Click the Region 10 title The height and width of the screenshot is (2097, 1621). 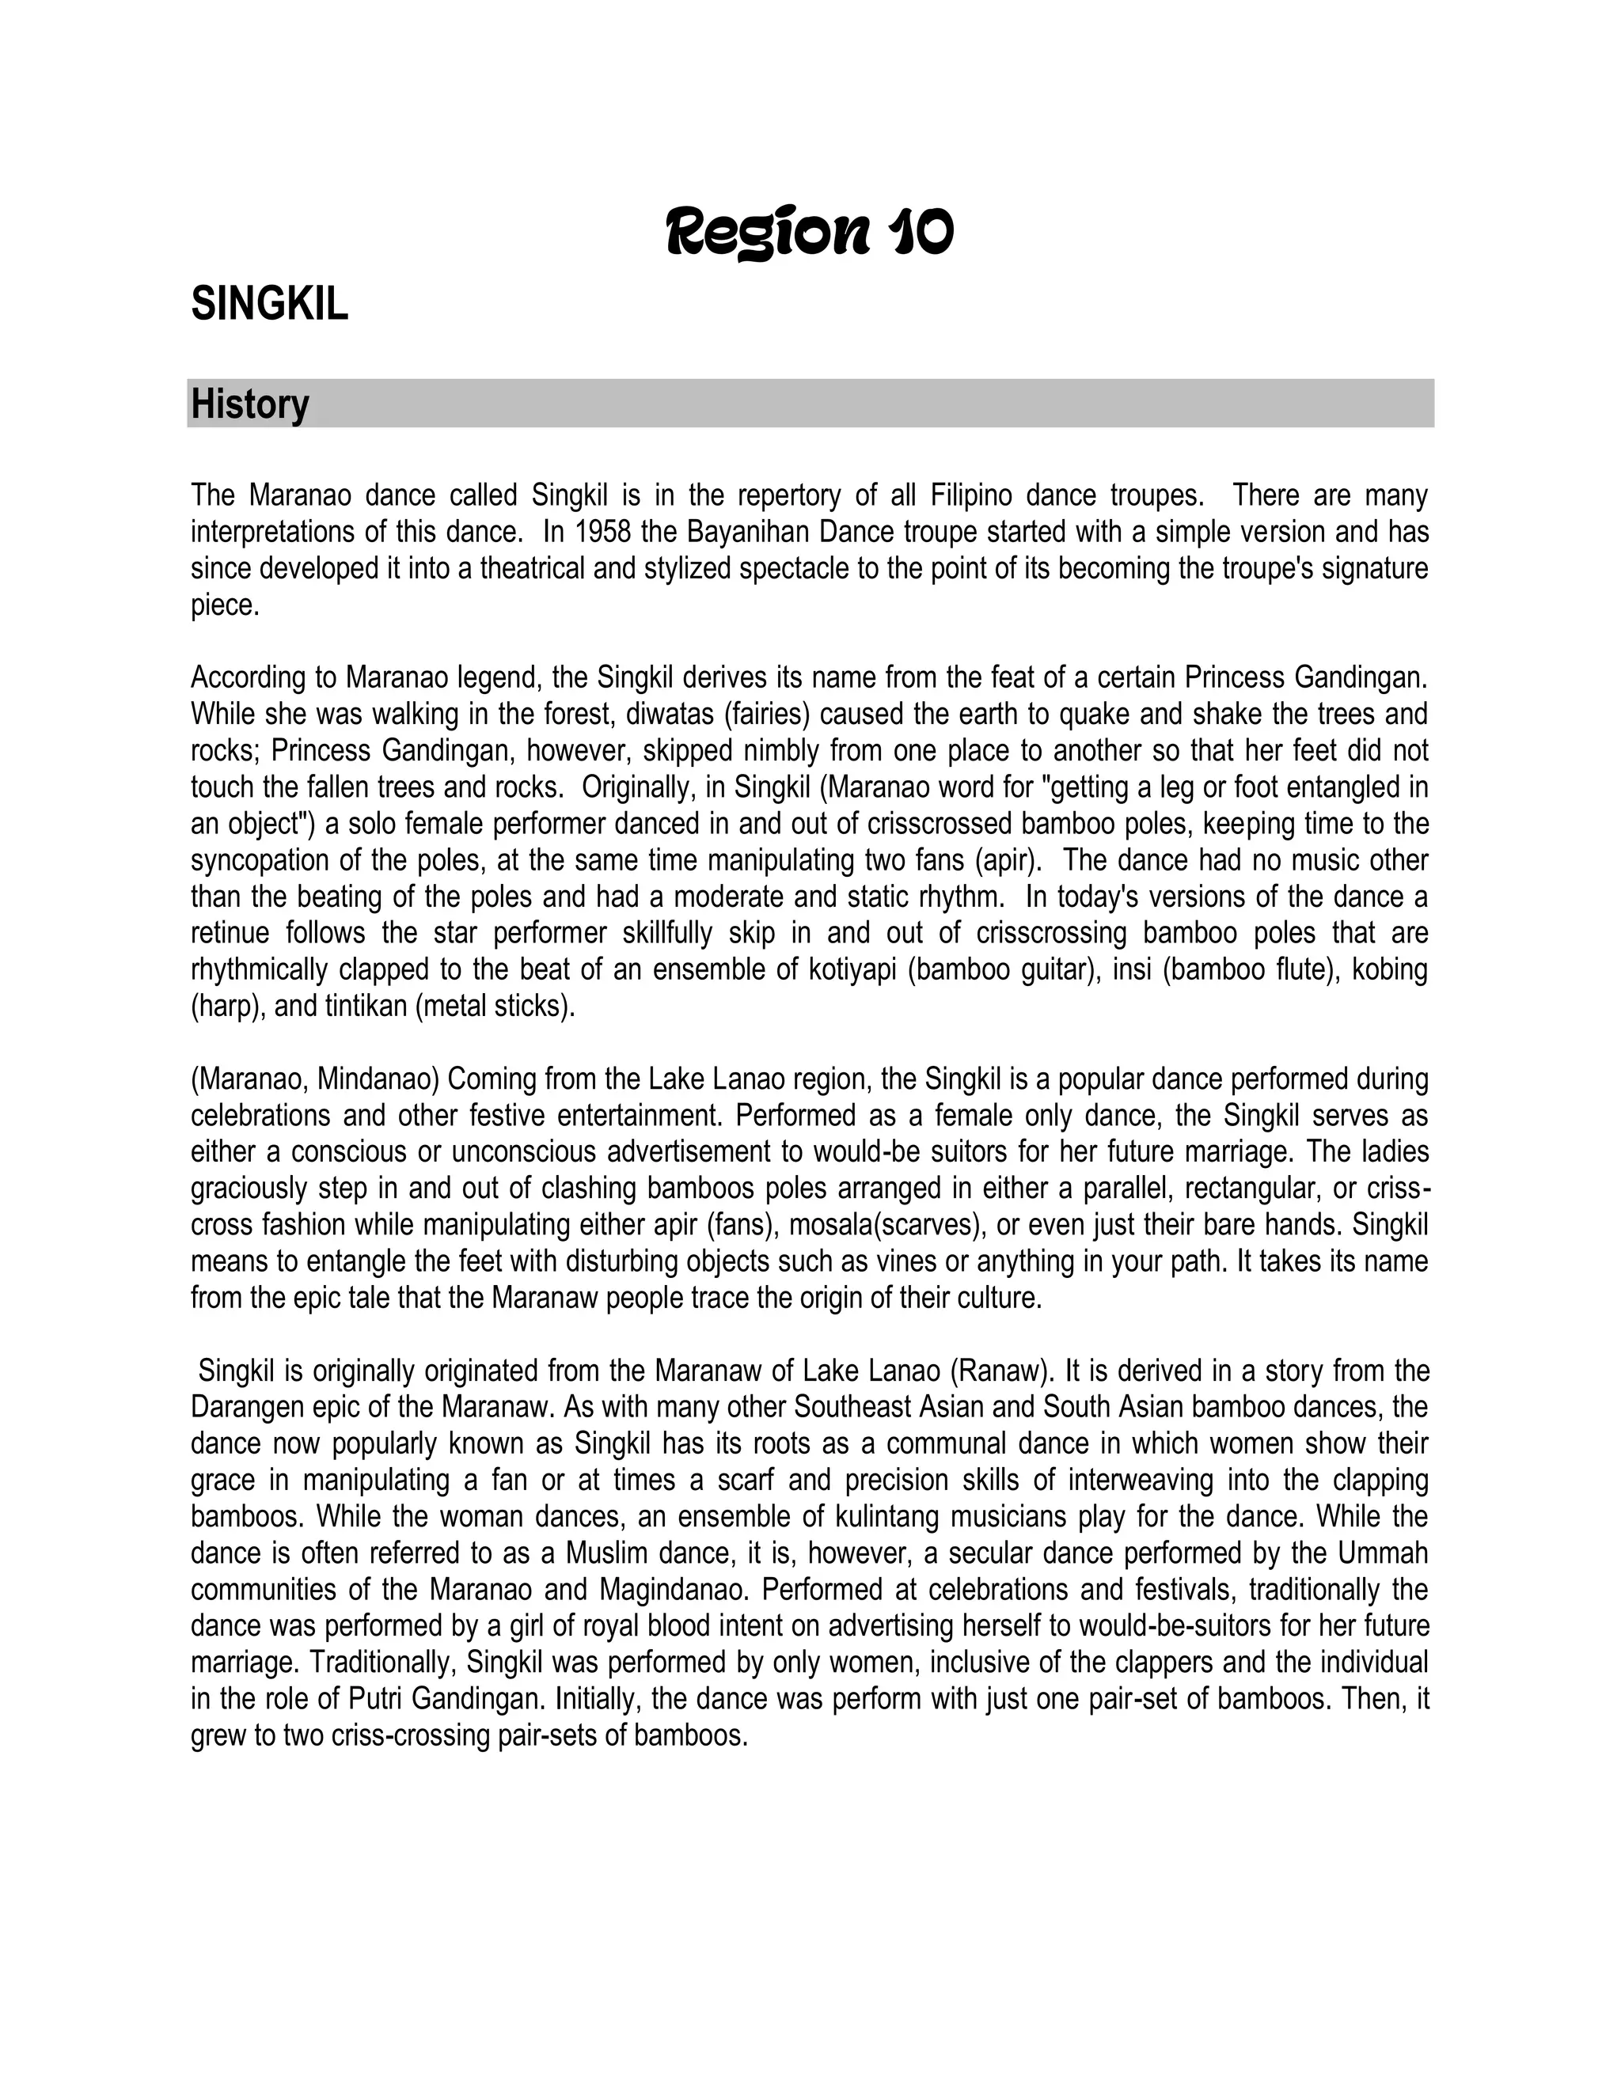pos(810,233)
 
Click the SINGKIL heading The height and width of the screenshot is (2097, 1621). pos(269,305)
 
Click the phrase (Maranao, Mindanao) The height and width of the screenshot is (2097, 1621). pos(315,1079)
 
